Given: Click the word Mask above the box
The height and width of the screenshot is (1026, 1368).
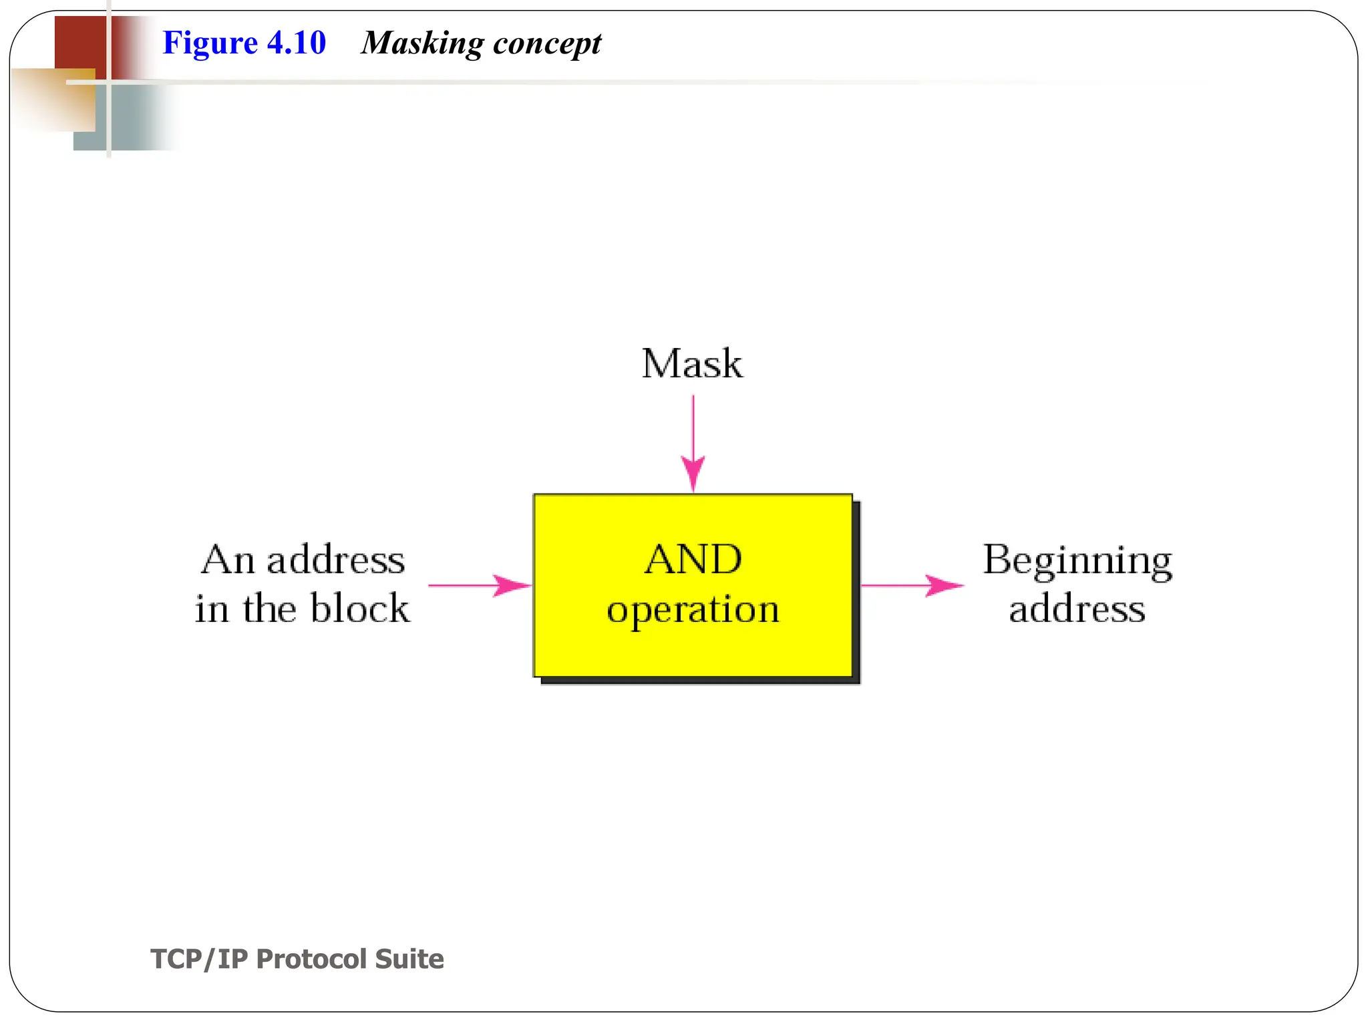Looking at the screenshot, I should (692, 364).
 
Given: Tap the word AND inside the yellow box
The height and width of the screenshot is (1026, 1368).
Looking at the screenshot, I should (693, 559).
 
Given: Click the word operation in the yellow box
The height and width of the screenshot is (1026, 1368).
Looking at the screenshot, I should (693, 609).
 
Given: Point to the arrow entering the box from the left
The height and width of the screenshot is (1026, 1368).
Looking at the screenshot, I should (479, 586).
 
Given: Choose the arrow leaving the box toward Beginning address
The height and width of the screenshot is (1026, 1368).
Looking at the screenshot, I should (912, 586).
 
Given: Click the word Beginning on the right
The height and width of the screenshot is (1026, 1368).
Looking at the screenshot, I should (1077, 560).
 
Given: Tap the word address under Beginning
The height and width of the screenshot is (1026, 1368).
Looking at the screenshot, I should (1077, 609).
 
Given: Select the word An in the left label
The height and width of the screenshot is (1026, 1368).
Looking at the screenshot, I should (228, 560).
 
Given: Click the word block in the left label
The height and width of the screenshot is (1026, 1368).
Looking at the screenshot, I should (360, 609).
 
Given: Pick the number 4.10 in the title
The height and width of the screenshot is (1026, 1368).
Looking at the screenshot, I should (296, 43).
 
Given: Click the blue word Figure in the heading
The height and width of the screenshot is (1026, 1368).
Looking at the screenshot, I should (210, 43).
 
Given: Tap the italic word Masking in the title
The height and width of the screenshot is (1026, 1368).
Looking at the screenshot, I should (422, 44).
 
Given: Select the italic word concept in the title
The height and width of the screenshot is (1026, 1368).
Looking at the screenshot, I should (547, 44).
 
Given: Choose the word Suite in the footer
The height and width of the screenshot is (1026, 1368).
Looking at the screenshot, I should (409, 959).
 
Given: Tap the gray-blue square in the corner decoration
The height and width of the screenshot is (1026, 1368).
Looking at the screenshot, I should (134, 120).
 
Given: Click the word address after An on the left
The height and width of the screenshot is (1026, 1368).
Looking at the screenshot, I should (336, 560).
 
